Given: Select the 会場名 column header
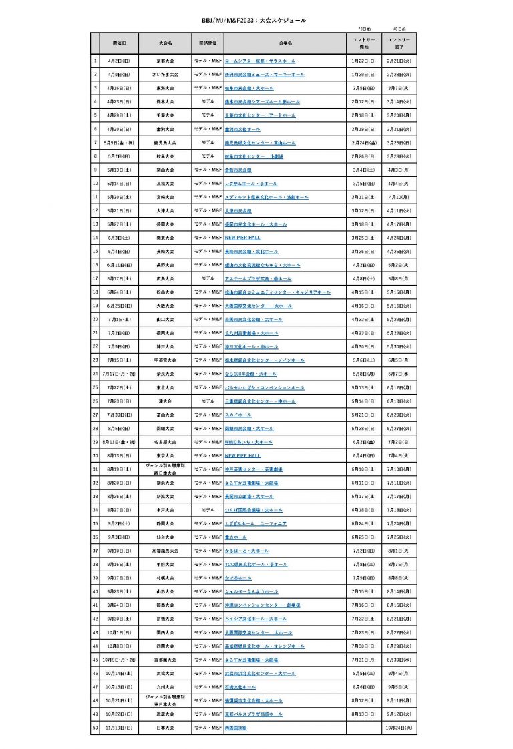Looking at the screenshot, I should (285, 42).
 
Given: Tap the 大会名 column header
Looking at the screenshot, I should (166, 42).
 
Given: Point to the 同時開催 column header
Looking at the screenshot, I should (208, 42).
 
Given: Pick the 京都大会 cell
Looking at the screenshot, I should (166, 61).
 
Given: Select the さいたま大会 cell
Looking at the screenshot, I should (166, 74).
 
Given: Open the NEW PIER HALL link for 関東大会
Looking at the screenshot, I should (242, 237).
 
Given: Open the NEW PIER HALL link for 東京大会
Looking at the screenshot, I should (242, 455).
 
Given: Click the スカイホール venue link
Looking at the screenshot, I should (238, 415).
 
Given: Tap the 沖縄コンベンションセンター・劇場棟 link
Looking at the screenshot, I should (263, 605).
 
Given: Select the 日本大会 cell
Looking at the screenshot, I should (166, 727).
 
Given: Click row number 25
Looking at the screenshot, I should (96, 387).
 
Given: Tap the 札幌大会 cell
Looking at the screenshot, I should (166, 577).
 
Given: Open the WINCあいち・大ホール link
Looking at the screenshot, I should (248, 442).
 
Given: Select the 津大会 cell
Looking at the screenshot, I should (166, 401).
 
